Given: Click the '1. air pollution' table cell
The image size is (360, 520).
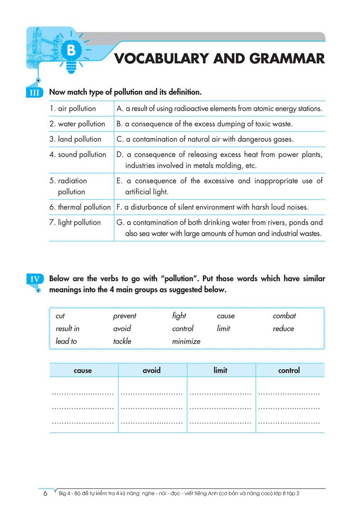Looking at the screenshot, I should (x=72, y=108).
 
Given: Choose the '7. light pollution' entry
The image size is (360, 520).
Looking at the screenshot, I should (x=75, y=222).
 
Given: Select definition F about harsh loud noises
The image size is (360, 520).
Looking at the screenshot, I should (x=212, y=207).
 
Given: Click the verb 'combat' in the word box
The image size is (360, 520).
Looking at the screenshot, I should (x=284, y=316).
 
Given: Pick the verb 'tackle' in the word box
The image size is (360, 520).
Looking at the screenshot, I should (x=122, y=341).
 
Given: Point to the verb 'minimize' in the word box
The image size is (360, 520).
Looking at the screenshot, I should (x=186, y=341).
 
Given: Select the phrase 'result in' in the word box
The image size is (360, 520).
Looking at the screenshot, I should (x=67, y=328).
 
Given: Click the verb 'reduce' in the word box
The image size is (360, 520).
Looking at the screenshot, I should (x=283, y=328).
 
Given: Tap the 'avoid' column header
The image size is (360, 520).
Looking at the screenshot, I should (x=152, y=371).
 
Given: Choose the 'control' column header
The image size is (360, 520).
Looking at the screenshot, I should (x=289, y=371).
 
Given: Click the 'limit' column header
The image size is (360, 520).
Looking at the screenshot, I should (x=220, y=371).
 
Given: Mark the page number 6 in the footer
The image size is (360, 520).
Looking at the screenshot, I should (x=45, y=493).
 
